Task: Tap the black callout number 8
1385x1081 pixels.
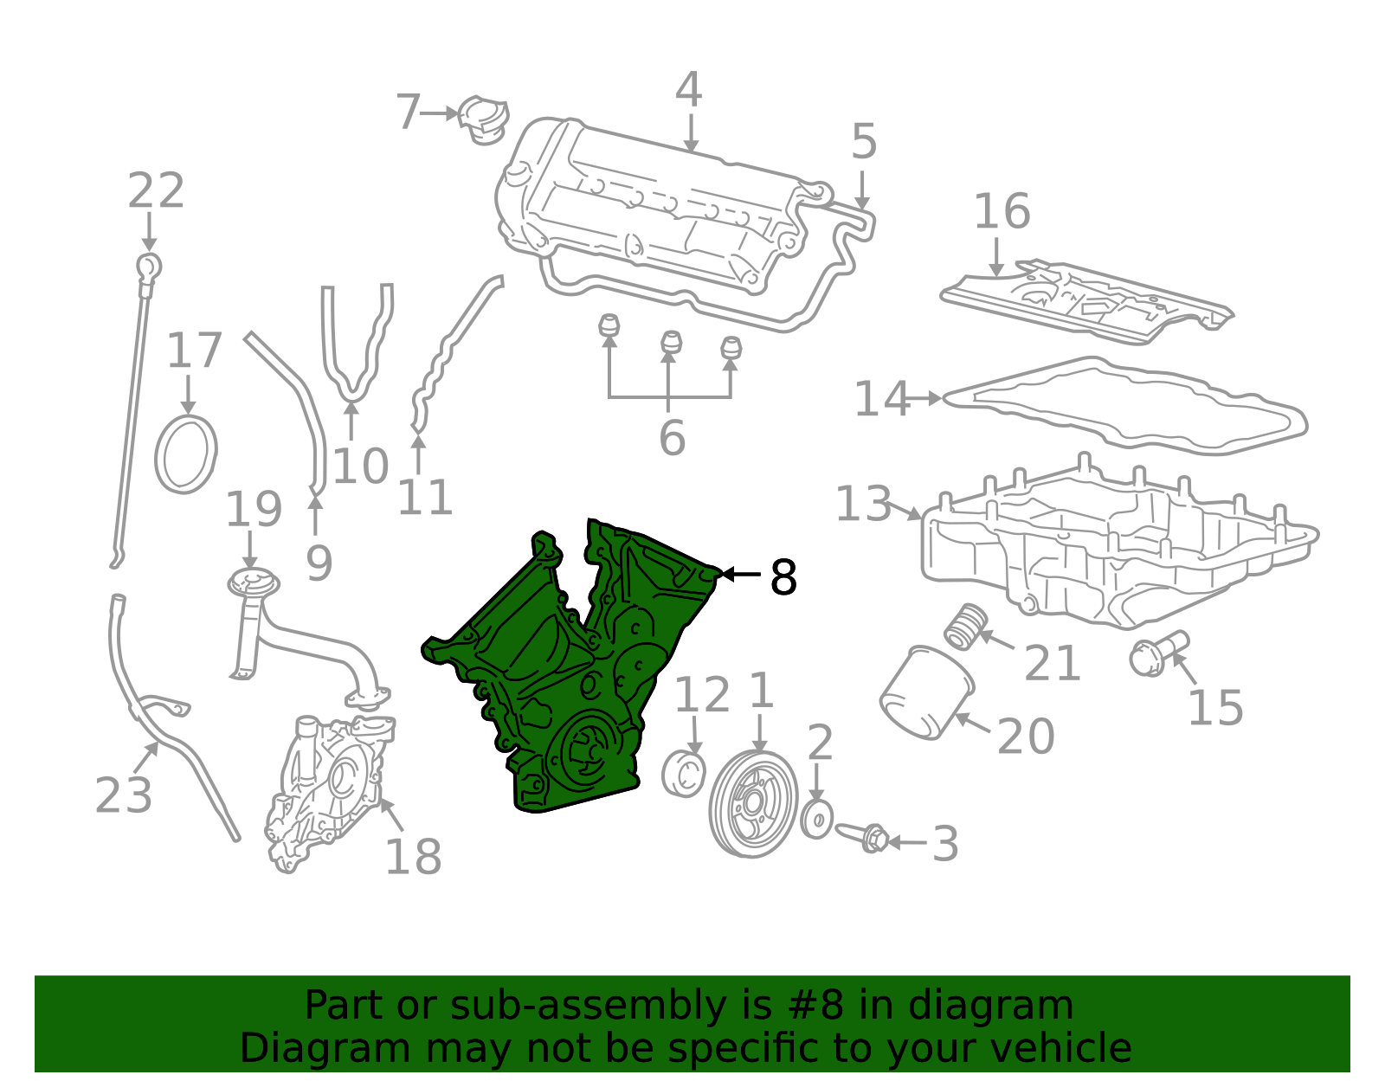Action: point(783,577)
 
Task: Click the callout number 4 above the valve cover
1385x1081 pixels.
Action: point(688,90)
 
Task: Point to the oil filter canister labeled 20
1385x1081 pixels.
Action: point(924,692)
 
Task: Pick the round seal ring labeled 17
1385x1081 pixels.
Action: point(186,454)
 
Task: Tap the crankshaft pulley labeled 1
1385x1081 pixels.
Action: point(751,803)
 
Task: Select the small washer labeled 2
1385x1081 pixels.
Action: point(816,819)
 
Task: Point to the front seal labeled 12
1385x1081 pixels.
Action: point(683,773)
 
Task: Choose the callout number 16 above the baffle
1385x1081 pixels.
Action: point(1002,211)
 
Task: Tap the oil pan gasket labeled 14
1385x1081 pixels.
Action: point(1125,407)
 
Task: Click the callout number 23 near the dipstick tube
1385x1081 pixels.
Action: point(123,795)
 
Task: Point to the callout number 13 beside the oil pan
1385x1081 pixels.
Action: point(862,504)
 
